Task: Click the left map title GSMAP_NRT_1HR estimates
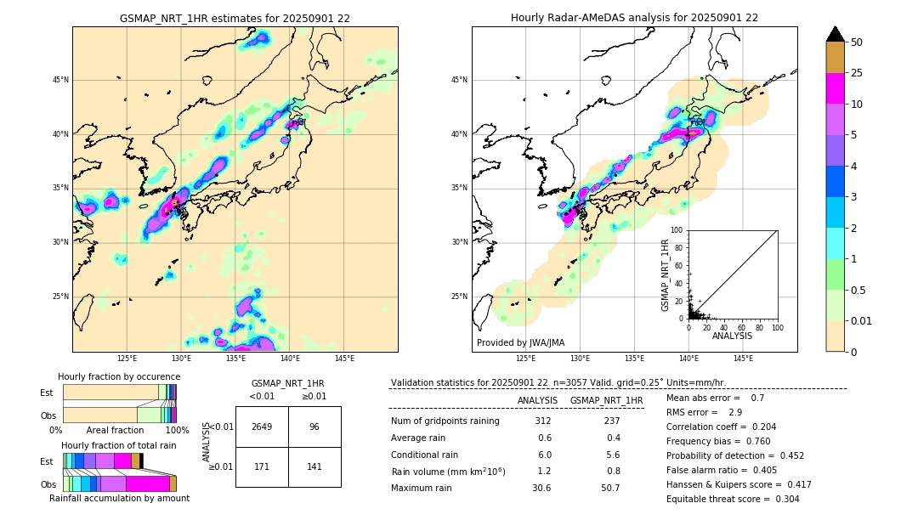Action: pos(235,18)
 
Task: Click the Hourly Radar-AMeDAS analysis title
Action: pos(634,18)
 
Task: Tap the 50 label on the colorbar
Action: pos(857,42)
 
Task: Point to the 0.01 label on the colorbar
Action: pos(862,320)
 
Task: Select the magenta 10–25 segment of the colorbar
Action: pos(835,88)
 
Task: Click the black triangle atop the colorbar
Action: pos(835,34)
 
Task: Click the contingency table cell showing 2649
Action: pos(262,427)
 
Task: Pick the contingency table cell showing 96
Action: pos(314,427)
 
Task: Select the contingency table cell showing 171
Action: pos(262,467)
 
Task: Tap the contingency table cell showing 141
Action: pos(314,467)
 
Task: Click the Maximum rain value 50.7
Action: pos(609,489)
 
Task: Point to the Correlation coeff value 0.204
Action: pos(759,427)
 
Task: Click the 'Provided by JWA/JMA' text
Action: pos(520,343)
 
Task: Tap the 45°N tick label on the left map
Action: pos(60,80)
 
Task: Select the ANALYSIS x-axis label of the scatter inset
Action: pos(732,336)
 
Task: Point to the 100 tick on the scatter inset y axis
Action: pos(678,230)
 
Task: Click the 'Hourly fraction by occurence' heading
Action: pos(119,377)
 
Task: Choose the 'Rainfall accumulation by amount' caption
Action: pos(119,499)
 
